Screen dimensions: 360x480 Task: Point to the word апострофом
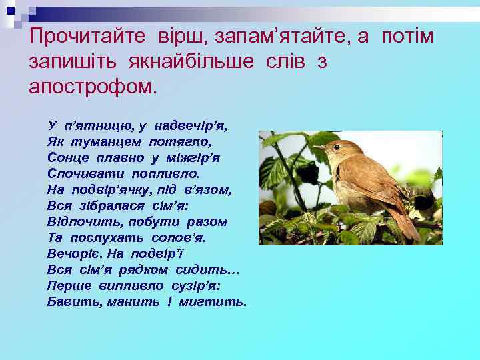pyautogui.click(x=91, y=87)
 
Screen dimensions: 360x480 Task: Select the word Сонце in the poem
pyautogui.click(x=67, y=157)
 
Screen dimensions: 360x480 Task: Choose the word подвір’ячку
pyautogui.click(x=113, y=189)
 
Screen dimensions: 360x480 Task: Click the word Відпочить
pyautogui.click(x=80, y=221)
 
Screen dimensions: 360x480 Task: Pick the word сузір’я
pyautogui.click(x=199, y=285)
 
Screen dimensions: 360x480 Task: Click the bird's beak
pyautogui.click(x=319, y=147)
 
